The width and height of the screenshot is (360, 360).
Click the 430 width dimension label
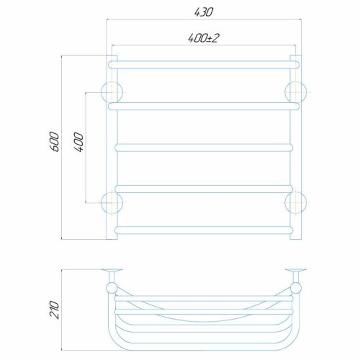pyautogui.click(x=203, y=12)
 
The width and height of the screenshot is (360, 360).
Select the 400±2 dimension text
pyautogui.click(x=204, y=38)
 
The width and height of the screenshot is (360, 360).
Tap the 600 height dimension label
pyautogui.click(x=54, y=141)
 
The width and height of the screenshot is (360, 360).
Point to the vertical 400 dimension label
pyautogui.click(x=79, y=142)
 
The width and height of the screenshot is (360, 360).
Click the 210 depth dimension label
pyautogui.click(x=54, y=310)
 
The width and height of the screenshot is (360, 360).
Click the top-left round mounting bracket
pyautogui.click(x=112, y=92)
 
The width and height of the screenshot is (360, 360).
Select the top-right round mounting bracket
pyautogui.click(x=295, y=92)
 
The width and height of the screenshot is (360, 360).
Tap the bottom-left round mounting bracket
pyautogui.click(x=112, y=203)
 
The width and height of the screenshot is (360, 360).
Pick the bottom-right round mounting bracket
pyautogui.click(x=295, y=203)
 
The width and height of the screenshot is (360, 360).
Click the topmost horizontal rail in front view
pyautogui.click(x=204, y=65)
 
